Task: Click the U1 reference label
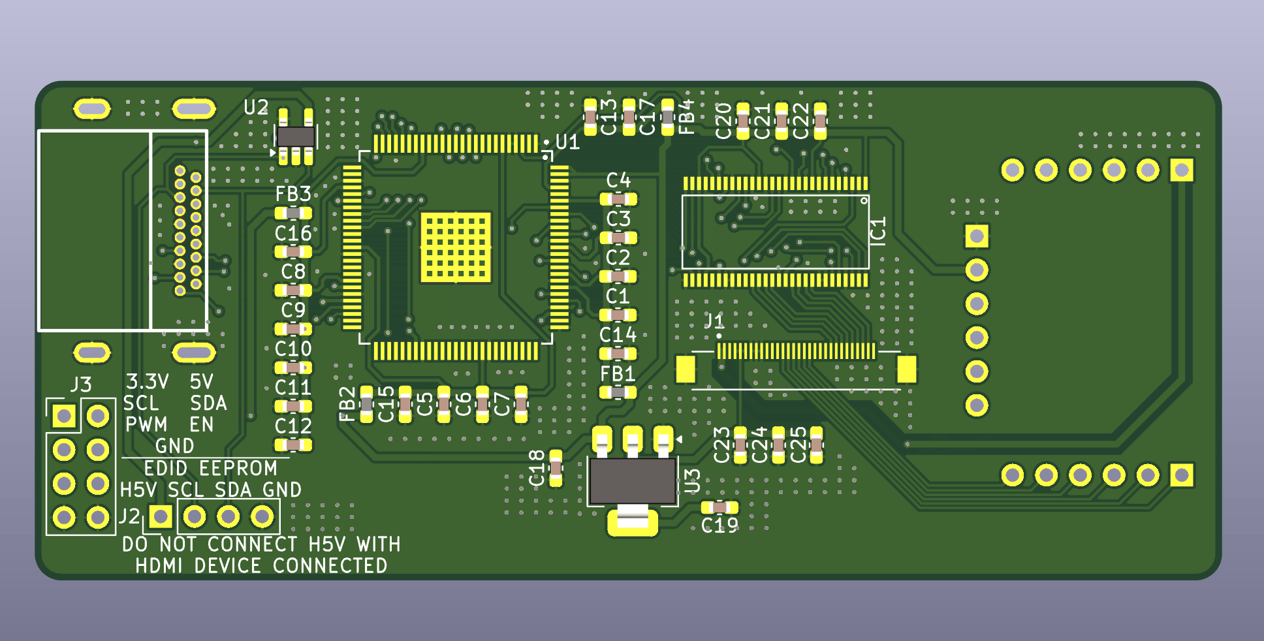click(567, 142)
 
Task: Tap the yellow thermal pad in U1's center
click(455, 247)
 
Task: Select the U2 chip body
click(295, 136)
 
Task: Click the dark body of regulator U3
click(632, 481)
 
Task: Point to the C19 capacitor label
click(719, 525)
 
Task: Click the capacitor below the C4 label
click(618, 199)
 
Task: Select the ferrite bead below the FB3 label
click(293, 213)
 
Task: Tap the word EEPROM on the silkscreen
click(238, 469)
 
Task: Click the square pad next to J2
click(161, 517)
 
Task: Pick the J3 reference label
click(81, 384)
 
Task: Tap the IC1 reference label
click(879, 231)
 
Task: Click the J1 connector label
click(714, 321)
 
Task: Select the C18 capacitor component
click(556, 467)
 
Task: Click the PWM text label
click(146, 425)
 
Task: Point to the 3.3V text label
click(148, 382)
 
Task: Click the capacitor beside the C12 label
click(293, 445)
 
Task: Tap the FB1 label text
click(618, 374)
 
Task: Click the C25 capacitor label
click(798, 445)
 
